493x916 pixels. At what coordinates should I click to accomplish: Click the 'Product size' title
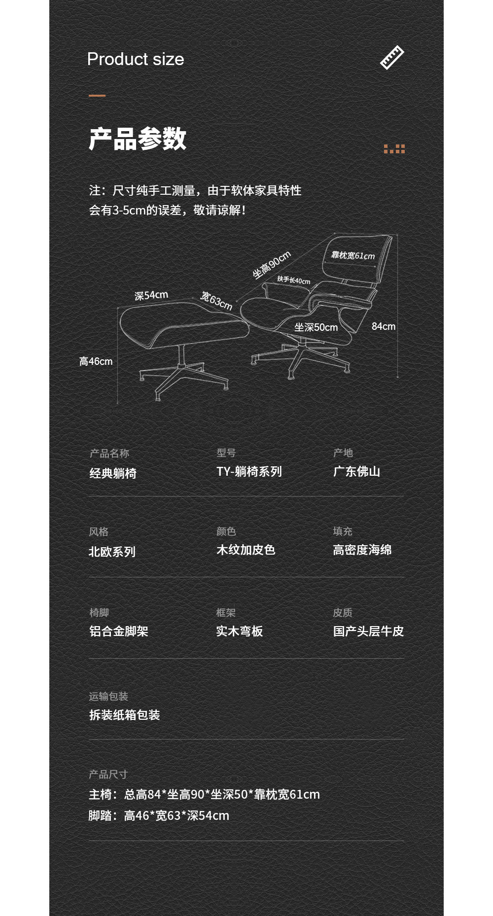[136, 60]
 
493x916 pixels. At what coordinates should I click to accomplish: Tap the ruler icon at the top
[392, 57]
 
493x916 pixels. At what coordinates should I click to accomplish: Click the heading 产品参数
[138, 139]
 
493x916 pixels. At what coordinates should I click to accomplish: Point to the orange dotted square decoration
[394, 149]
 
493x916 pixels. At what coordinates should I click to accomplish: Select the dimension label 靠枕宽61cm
[353, 255]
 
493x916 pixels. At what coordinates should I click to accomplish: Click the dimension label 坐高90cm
[272, 265]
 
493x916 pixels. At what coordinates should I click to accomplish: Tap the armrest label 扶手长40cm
[294, 280]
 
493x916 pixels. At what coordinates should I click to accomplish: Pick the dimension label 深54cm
[151, 295]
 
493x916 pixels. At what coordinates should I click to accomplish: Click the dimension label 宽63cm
[216, 300]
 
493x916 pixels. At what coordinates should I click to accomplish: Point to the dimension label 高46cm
[96, 361]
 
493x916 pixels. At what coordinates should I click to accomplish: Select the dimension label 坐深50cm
[316, 327]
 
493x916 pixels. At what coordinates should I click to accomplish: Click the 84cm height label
[384, 326]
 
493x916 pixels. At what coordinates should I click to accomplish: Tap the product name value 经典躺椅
[113, 473]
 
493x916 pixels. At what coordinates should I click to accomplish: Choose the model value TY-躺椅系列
[249, 472]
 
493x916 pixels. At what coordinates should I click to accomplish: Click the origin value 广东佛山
[356, 472]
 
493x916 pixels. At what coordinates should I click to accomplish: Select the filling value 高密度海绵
[362, 550]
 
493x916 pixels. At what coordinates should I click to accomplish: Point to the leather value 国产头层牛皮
[368, 631]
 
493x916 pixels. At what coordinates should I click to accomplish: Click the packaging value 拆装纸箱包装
[125, 715]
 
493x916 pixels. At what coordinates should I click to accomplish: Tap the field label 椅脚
[99, 612]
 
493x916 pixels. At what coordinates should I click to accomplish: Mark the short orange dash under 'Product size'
[97, 96]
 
